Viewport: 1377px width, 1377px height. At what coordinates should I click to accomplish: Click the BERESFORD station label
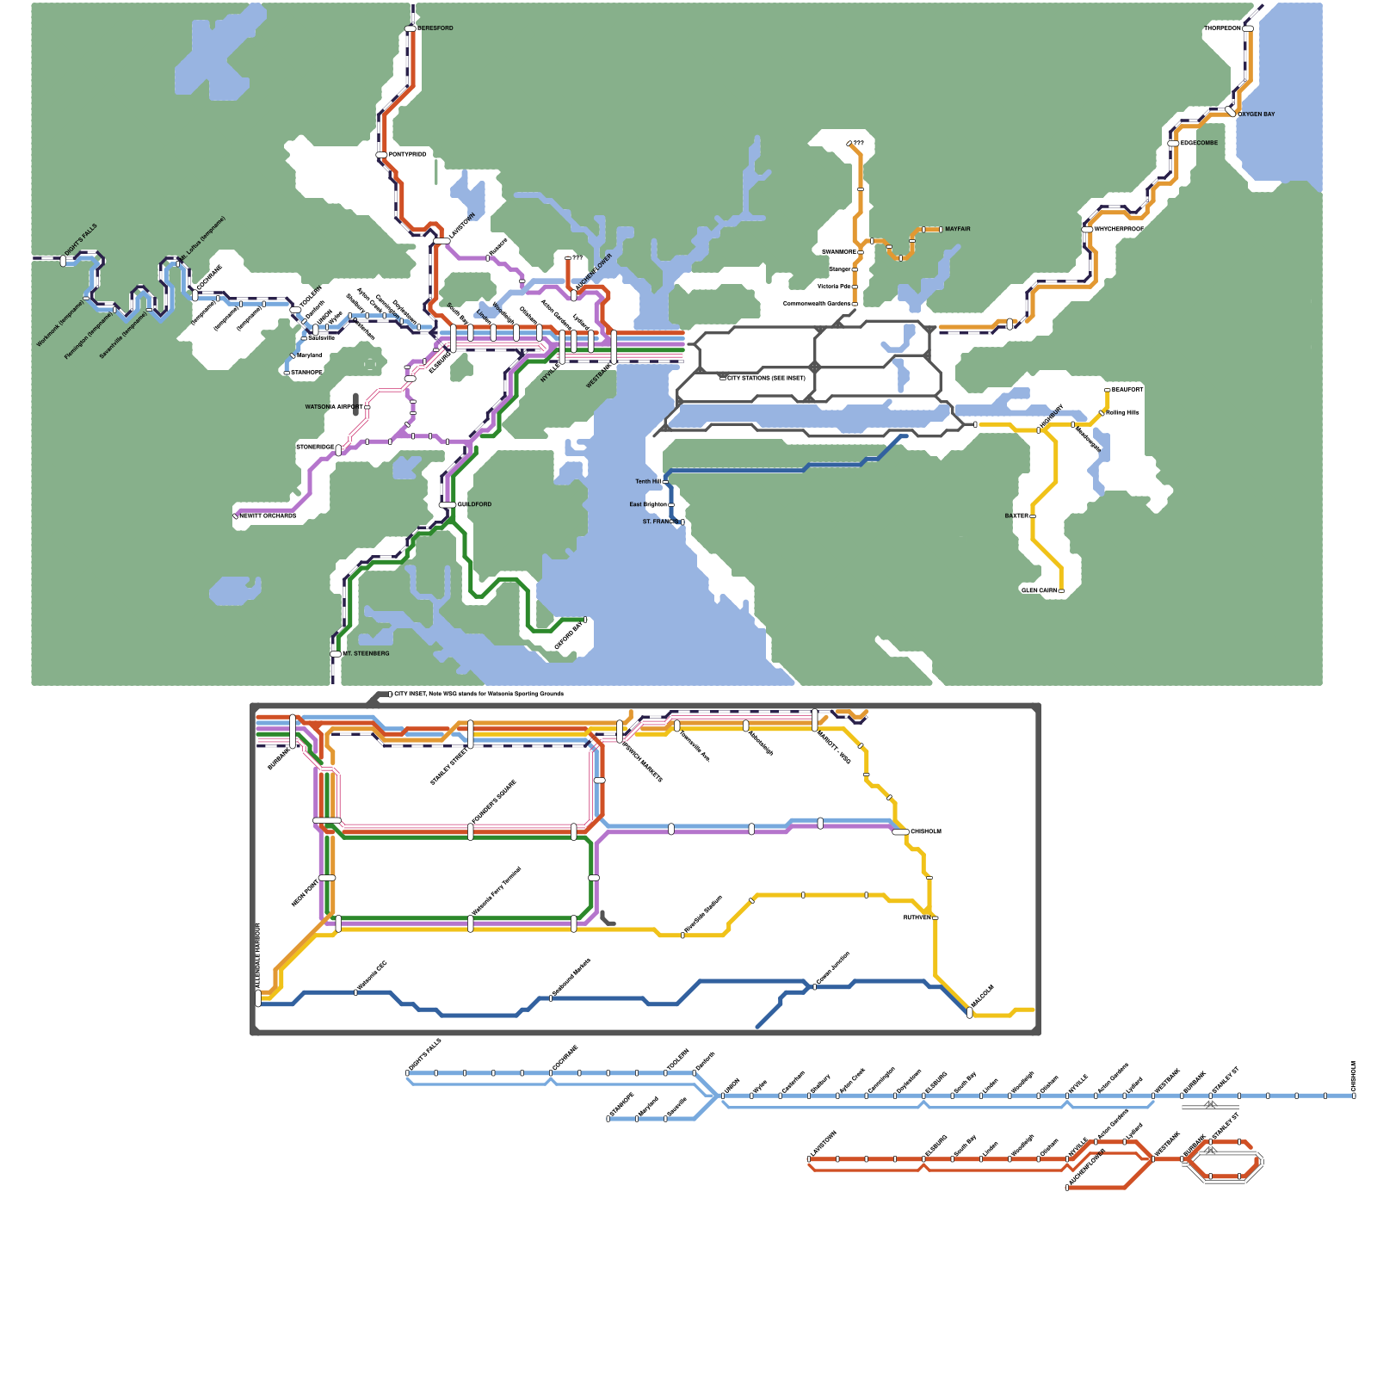tap(435, 28)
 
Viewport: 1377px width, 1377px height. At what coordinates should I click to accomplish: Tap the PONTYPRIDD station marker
tap(381, 155)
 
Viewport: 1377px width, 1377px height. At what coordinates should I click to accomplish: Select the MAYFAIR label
tap(957, 229)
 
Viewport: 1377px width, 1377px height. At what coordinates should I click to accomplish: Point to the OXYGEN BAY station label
tap(1257, 114)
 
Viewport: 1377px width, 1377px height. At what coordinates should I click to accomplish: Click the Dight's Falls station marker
tap(63, 260)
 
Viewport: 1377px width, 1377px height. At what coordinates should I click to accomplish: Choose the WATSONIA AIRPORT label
tap(333, 407)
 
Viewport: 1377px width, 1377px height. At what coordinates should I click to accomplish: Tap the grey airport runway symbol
tap(356, 404)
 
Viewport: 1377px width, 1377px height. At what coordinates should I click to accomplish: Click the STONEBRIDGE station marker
tap(338, 450)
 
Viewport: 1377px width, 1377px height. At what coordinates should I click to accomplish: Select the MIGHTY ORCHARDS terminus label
tap(269, 516)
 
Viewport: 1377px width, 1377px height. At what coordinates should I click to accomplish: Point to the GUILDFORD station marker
tap(448, 504)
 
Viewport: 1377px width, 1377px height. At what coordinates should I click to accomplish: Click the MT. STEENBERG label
tap(367, 653)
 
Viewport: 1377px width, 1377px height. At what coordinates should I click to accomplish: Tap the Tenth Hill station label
tap(647, 482)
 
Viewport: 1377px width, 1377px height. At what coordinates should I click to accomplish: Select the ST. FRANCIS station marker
tap(682, 522)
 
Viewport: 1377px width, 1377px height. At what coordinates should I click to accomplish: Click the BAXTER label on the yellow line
tap(1016, 516)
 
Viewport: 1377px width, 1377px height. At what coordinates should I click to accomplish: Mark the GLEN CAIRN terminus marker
tap(1061, 591)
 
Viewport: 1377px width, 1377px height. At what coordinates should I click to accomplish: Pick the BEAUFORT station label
tap(1127, 390)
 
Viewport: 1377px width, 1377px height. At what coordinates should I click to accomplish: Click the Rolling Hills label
tap(1123, 413)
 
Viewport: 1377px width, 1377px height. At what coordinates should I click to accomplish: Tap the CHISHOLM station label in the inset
tap(926, 831)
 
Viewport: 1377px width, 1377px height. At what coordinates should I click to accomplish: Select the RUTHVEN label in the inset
tap(917, 917)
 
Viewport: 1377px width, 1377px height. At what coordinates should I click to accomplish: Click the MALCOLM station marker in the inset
tap(970, 1013)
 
